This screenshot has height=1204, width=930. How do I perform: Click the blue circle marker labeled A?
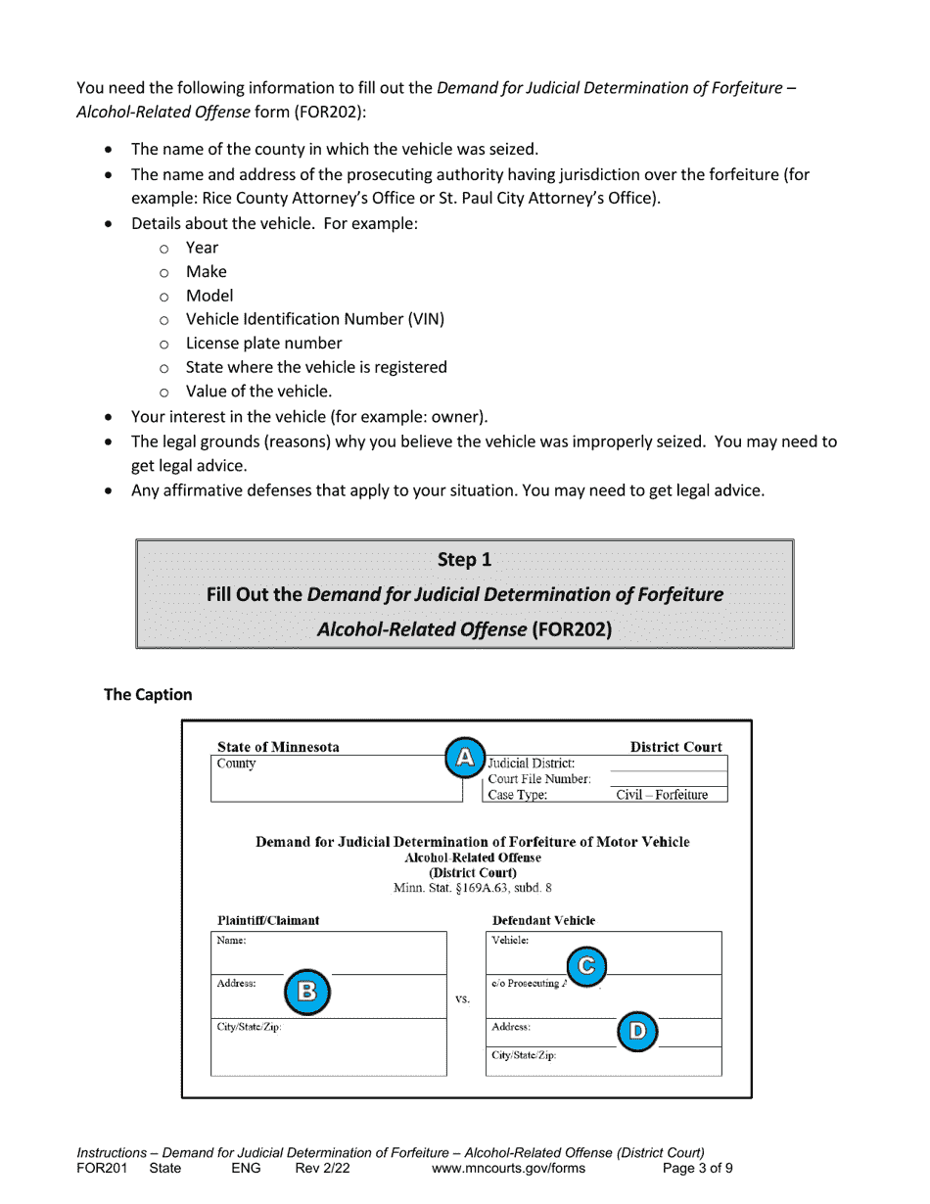[465, 757]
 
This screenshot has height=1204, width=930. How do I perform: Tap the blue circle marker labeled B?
[306, 992]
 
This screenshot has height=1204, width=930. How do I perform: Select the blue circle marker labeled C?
[586, 966]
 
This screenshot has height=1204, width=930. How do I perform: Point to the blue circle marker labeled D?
[637, 1031]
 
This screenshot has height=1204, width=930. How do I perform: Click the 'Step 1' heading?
[464, 560]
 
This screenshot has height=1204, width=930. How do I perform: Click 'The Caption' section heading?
[148, 694]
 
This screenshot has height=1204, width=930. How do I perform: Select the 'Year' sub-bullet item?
[202, 248]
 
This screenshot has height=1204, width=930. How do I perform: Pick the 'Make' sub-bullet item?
[206, 271]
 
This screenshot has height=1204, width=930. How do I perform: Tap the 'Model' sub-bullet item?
[209, 295]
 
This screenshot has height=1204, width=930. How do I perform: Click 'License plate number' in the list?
[263, 343]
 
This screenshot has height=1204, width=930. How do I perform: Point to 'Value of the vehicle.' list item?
[258, 391]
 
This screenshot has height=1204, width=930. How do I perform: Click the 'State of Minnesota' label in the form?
[278, 747]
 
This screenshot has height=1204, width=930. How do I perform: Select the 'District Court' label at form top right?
[675, 747]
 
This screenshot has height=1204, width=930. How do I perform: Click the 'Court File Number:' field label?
[539, 779]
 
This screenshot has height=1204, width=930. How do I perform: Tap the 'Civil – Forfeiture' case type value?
[661, 795]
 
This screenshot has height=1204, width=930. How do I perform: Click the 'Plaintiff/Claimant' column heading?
[268, 920]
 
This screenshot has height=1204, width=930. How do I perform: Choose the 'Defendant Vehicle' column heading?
[543, 920]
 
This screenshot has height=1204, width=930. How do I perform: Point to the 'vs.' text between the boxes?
[463, 999]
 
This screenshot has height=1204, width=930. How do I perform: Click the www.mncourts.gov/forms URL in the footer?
[507, 1168]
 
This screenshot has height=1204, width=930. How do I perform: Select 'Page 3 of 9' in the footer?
[697, 1168]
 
